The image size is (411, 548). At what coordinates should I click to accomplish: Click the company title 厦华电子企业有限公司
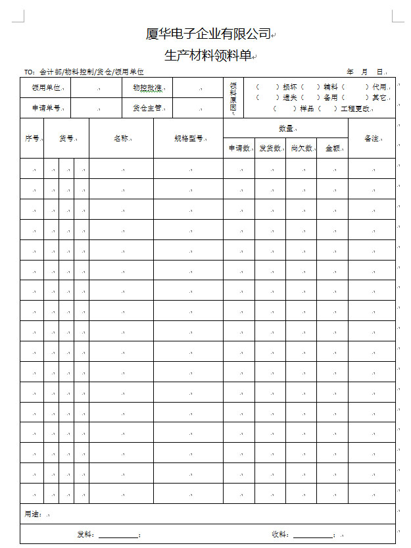click(x=208, y=34)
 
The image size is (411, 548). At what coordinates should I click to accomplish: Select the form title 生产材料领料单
click(x=208, y=56)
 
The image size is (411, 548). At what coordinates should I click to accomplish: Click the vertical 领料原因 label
click(x=233, y=97)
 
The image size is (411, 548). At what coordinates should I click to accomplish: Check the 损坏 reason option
click(x=289, y=87)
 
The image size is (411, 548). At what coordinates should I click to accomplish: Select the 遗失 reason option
click(x=289, y=97)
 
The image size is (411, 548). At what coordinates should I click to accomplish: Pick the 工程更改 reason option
click(x=355, y=109)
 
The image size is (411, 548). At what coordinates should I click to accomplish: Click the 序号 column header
click(x=32, y=139)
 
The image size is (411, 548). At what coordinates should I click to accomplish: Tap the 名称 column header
click(x=121, y=139)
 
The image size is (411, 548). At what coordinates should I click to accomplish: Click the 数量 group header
click(x=285, y=128)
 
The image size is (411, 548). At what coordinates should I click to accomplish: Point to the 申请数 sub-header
click(x=239, y=149)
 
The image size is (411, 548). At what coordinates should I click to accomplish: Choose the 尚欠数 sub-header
click(x=301, y=149)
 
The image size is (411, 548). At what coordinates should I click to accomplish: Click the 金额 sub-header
click(x=332, y=149)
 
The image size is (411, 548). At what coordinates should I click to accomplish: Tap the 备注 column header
click(x=372, y=139)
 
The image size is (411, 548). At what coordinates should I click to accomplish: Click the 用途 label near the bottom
click(x=34, y=514)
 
